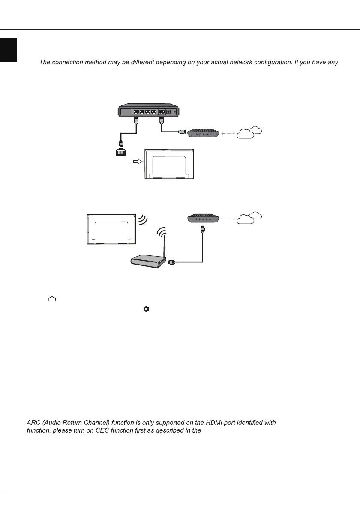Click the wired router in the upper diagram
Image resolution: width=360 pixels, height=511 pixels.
point(148,110)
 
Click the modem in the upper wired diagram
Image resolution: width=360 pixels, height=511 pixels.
point(204,133)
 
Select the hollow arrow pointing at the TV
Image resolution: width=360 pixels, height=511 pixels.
point(137,162)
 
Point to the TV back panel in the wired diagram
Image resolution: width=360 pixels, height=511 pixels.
point(169,164)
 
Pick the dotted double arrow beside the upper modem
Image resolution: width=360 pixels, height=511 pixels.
point(228,133)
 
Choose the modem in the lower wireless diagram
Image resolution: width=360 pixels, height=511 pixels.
point(204,219)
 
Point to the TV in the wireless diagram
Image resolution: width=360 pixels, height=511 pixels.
point(111,229)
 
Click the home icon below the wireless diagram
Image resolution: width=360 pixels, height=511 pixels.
point(52,299)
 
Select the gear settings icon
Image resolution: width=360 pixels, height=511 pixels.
point(146,309)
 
